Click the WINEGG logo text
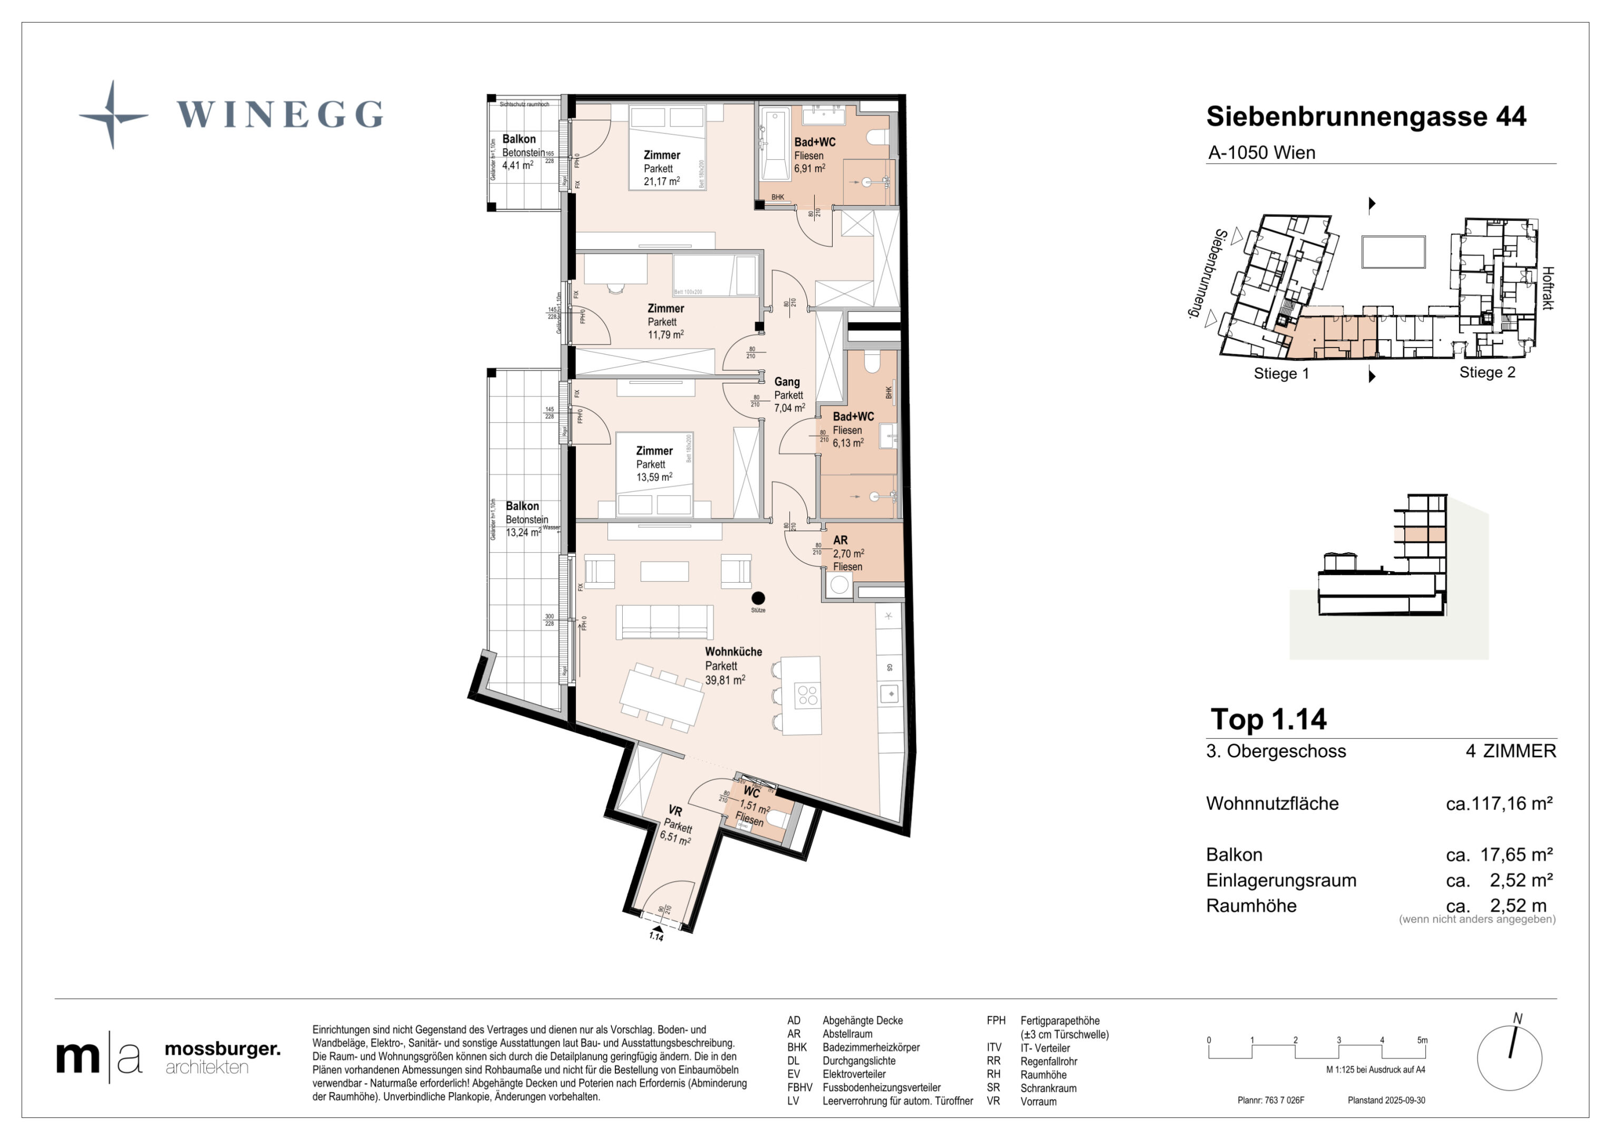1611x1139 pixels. (x=279, y=114)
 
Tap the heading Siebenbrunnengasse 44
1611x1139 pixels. (x=1365, y=117)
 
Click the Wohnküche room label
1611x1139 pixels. (x=732, y=651)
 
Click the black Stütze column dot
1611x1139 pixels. (x=758, y=598)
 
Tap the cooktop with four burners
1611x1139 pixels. (x=807, y=695)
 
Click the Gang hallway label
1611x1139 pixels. (x=787, y=382)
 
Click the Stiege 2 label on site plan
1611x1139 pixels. (x=1487, y=373)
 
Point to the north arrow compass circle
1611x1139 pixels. (x=1509, y=1058)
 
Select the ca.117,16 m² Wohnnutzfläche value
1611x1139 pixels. (x=1499, y=804)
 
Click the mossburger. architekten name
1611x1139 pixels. (x=221, y=1058)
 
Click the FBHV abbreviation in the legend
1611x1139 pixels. (x=799, y=1088)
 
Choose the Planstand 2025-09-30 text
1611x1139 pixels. (x=1386, y=1101)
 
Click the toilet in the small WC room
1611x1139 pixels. (x=775, y=821)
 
